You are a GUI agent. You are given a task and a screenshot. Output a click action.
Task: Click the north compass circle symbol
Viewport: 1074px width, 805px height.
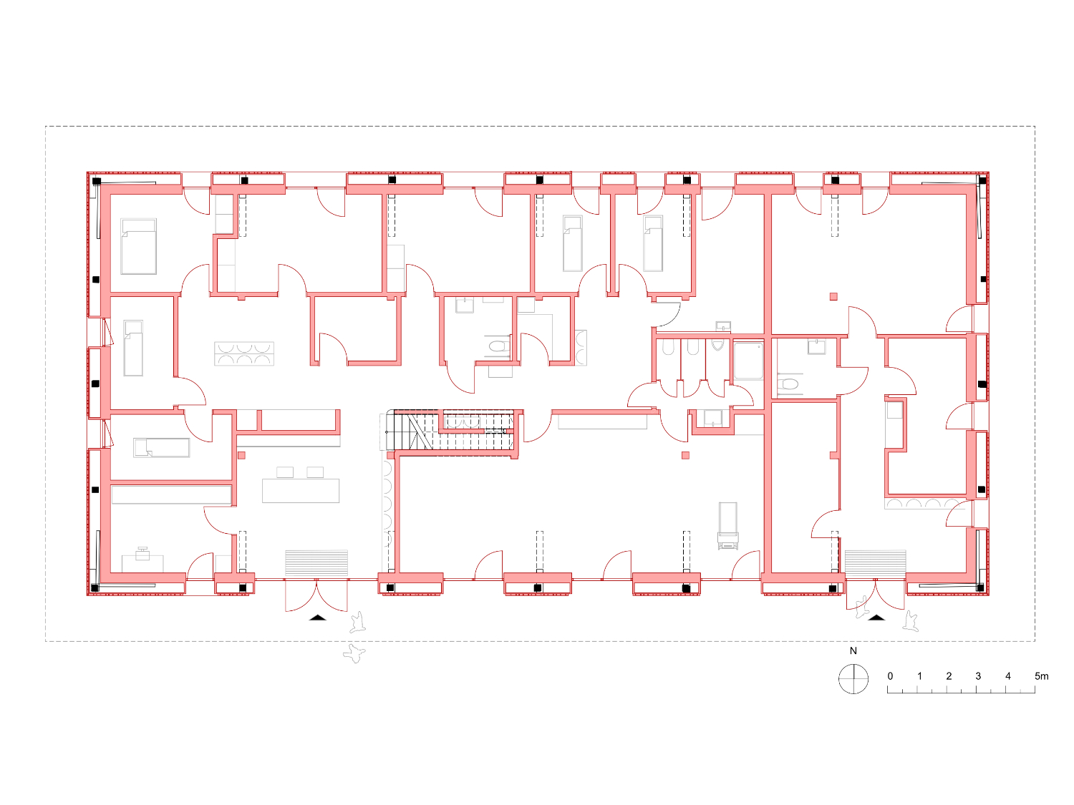[x=853, y=679]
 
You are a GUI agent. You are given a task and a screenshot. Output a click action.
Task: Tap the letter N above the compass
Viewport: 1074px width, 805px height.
[x=853, y=650]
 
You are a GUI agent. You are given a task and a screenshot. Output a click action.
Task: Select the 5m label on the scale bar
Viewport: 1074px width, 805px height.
[x=1041, y=676]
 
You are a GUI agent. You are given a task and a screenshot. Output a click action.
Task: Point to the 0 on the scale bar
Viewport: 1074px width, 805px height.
[x=890, y=676]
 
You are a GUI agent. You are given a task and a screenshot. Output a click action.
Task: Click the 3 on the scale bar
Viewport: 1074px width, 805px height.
[x=978, y=676]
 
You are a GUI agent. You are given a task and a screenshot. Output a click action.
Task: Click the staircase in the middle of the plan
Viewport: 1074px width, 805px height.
[x=449, y=429]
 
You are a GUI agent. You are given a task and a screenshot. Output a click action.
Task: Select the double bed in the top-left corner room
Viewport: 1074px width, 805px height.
[x=138, y=246]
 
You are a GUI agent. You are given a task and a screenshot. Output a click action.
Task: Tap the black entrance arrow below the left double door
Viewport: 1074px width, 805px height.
[x=318, y=618]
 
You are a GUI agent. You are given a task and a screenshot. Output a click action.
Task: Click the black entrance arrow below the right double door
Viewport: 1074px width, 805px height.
[x=876, y=618]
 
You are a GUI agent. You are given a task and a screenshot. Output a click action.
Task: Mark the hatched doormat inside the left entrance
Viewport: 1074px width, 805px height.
[x=316, y=564]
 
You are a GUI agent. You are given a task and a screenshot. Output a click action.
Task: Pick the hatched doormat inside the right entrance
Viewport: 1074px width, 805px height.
[x=876, y=564]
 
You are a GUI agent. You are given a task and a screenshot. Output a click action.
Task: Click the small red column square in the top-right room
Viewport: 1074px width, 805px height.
[x=833, y=296]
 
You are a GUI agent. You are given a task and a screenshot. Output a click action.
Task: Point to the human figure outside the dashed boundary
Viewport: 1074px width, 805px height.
[x=354, y=653]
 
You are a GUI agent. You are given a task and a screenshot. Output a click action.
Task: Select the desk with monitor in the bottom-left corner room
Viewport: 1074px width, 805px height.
[x=142, y=560]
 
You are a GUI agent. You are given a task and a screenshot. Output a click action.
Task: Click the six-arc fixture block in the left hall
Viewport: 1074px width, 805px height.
[x=243, y=354]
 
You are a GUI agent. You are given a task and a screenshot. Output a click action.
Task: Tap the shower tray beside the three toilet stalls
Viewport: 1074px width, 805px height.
[x=749, y=361]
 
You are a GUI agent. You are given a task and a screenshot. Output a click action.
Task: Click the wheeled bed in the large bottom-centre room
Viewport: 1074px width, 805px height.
[x=727, y=526]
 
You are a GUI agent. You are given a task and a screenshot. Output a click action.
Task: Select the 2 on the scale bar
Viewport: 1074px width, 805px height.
[x=949, y=676]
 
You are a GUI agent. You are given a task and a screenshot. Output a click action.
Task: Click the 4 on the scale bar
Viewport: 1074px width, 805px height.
[x=1008, y=676]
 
